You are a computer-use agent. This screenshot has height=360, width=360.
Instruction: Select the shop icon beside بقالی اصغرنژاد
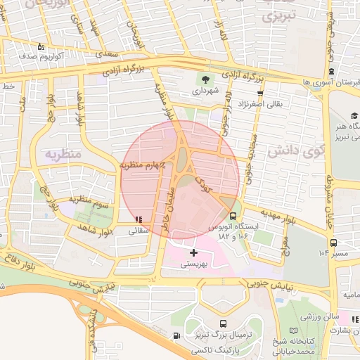coord(261,93)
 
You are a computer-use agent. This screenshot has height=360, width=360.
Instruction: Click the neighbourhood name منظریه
coord(63,153)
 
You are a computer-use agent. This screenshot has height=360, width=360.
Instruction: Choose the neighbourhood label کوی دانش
coord(289,150)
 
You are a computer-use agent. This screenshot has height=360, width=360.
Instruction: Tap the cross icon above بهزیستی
coord(194,252)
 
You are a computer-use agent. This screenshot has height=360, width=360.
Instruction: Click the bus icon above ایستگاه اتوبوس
coord(233,216)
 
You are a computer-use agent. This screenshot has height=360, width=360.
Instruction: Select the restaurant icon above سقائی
coord(137,219)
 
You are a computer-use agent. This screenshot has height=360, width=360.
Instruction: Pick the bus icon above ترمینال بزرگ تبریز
coord(223,324)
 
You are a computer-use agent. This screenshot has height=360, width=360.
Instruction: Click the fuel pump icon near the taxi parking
coord(175,335)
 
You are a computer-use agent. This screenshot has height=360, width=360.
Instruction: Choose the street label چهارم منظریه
coord(143,165)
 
